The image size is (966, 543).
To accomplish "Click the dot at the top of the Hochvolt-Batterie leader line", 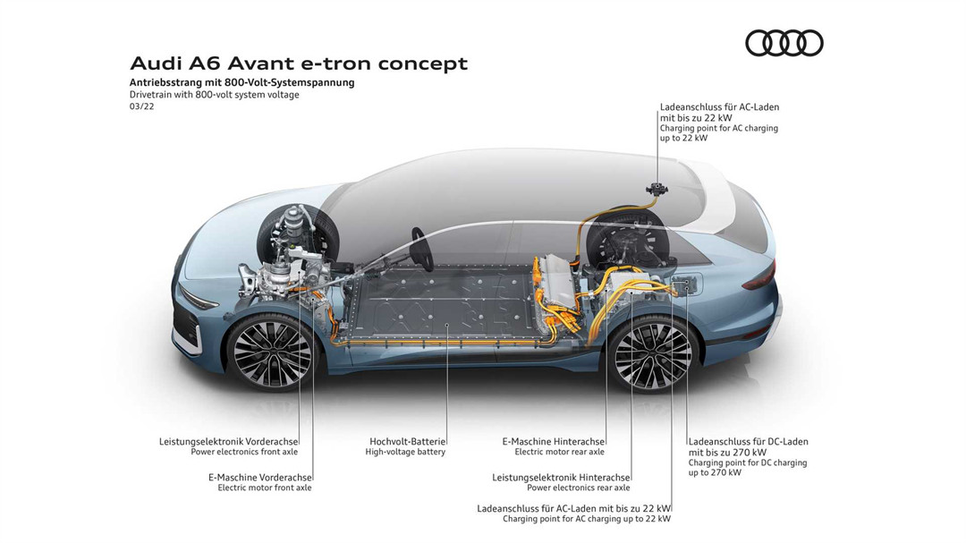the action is (x=446, y=324).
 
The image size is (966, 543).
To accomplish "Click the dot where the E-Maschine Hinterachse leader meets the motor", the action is (x=606, y=294).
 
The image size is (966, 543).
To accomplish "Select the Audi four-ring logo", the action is (x=784, y=43).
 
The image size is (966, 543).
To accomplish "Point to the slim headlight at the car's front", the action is (x=197, y=299).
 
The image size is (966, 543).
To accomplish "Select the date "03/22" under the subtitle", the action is (x=141, y=106).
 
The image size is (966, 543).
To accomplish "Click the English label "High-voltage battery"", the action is (x=405, y=452).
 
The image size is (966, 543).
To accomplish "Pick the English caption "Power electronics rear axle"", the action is (x=579, y=488).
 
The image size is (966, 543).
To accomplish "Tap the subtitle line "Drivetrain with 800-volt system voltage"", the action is (x=215, y=95).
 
